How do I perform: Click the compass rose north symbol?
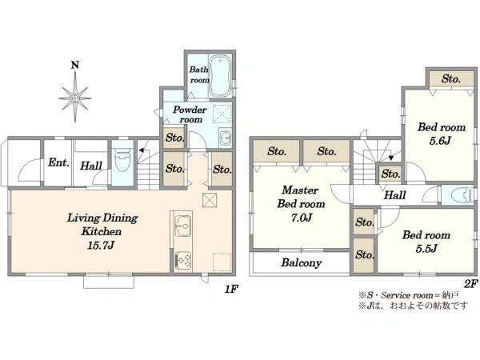pos(75,93)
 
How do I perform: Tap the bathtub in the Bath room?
pos(220,76)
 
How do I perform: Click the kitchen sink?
pos(182,226)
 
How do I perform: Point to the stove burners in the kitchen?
pos(182,261)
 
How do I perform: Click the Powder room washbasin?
pos(226,138)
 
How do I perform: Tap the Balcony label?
pos(302,262)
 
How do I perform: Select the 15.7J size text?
pos(101,246)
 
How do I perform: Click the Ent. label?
pos(58,162)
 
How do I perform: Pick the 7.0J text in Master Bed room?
pos(301,218)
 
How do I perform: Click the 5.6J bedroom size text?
pos(440,141)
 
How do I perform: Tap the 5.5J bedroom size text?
pos(426,248)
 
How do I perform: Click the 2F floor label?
pos(470,284)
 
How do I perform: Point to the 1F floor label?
pos(231,289)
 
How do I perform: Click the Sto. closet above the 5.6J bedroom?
pos(451,78)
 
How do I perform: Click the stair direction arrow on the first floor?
pos(141,150)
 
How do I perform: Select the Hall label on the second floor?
pos(395,194)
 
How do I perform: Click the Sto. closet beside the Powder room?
pos(174,138)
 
